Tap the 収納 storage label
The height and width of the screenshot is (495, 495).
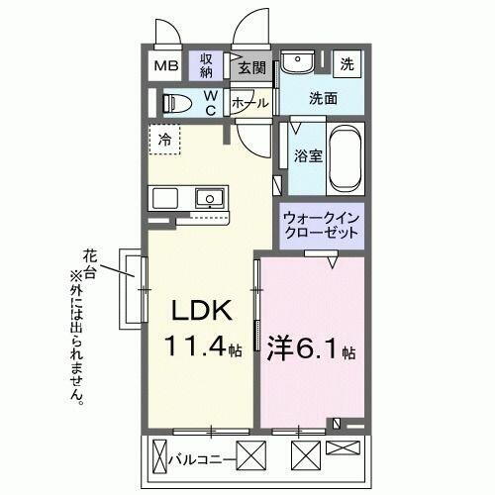207,66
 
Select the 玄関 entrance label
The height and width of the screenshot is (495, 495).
252,68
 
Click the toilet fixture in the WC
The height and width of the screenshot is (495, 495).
177,103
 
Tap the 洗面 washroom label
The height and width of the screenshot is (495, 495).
322,99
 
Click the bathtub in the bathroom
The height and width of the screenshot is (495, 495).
345,158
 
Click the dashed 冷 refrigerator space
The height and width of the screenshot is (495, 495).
165,140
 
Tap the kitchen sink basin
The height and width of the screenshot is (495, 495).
209,198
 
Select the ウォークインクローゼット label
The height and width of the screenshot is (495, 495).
322,224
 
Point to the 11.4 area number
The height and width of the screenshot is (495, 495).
196,349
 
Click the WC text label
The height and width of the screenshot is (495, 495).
211,103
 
